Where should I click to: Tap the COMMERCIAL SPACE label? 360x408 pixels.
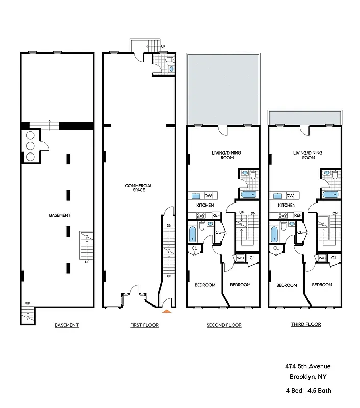(x=139, y=188)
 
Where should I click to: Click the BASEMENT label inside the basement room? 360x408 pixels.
(x=60, y=215)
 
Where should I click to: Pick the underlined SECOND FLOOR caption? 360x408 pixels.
(x=224, y=325)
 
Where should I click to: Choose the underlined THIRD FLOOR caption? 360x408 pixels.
(x=306, y=324)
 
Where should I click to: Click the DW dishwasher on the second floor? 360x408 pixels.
(x=208, y=196)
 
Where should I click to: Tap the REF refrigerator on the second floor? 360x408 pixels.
(x=216, y=215)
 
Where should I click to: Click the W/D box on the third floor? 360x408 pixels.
(x=322, y=258)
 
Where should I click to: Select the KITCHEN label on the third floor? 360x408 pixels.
(x=287, y=205)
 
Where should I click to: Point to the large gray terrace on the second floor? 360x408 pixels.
(x=223, y=89)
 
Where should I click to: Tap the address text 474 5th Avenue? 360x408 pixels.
(x=307, y=366)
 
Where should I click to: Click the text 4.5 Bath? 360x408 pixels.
(x=320, y=391)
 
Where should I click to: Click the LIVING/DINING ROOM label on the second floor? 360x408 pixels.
(x=223, y=155)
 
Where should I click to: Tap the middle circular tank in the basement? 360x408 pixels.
(x=30, y=145)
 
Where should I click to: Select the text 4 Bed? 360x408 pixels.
(x=293, y=391)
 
